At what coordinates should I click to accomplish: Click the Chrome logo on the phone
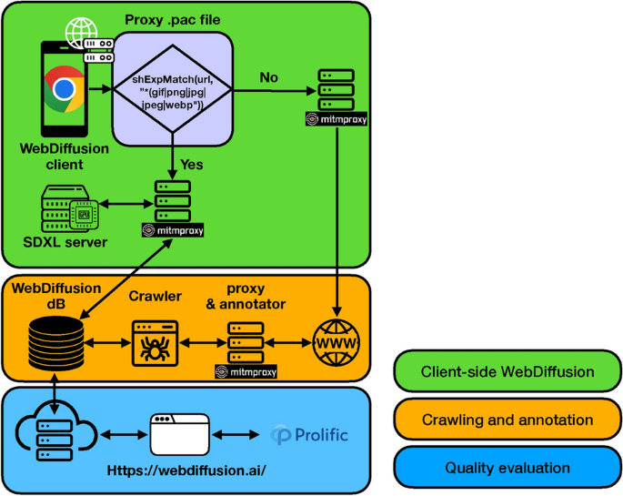pos(63,89)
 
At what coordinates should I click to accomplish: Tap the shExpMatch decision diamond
pos(174,90)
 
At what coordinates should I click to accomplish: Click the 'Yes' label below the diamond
pos(191,165)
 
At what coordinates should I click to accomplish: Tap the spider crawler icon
pos(153,343)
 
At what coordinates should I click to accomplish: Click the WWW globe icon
pos(337,343)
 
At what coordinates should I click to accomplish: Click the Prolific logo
pos(309,436)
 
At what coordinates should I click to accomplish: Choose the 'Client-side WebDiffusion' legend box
pos(507,371)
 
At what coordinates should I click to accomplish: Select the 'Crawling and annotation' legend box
pos(507,420)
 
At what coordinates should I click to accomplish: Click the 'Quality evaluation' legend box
pos(507,468)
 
